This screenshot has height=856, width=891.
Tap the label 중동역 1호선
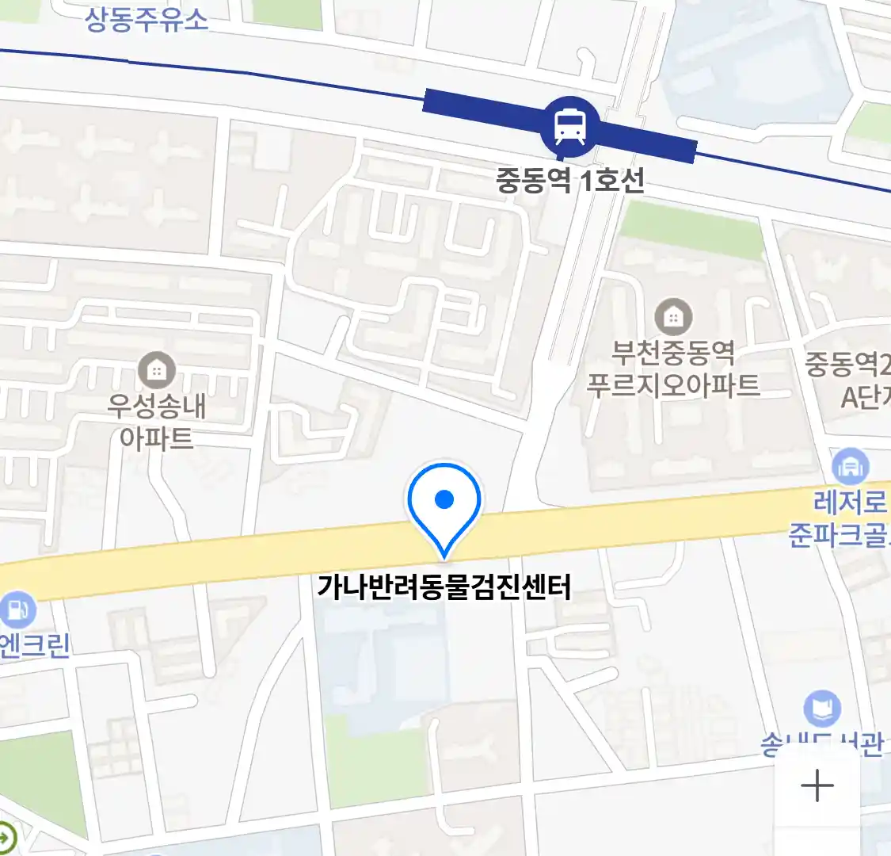[x=570, y=181]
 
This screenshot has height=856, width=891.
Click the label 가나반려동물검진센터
[x=444, y=587]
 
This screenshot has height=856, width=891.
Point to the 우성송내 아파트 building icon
[x=157, y=369]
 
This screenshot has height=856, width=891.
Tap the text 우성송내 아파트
[x=157, y=422]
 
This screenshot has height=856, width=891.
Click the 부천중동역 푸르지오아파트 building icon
[x=673, y=318]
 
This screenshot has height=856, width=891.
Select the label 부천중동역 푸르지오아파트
[x=673, y=368]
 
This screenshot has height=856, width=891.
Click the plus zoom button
[x=817, y=786]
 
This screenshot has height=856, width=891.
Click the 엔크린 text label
[x=35, y=646]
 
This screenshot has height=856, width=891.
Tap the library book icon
[x=822, y=709]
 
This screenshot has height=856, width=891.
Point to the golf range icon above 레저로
[x=850, y=467]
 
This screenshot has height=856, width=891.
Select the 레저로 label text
[x=851, y=502]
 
